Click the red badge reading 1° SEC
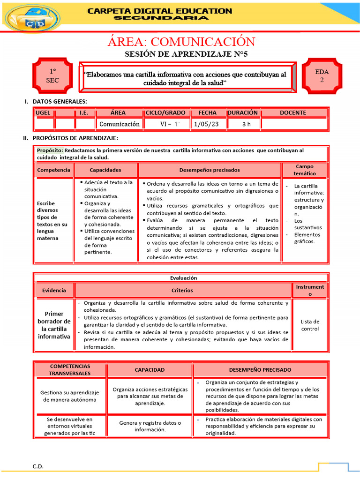(52, 76)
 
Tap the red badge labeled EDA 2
(322, 76)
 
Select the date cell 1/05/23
(208, 124)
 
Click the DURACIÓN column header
(243, 112)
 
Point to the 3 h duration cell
(247, 124)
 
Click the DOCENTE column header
(293, 112)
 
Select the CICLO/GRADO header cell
(165, 112)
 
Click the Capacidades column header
(105, 170)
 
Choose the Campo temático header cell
(305, 170)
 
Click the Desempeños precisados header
(210, 170)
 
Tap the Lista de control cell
(310, 325)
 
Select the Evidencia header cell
(54, 290)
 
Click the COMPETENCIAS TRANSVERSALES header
(70, 369)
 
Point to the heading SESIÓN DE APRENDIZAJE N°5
(186, 54)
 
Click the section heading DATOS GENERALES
(60, 102)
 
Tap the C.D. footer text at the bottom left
(37, 466)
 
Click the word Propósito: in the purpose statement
(50, 150)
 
